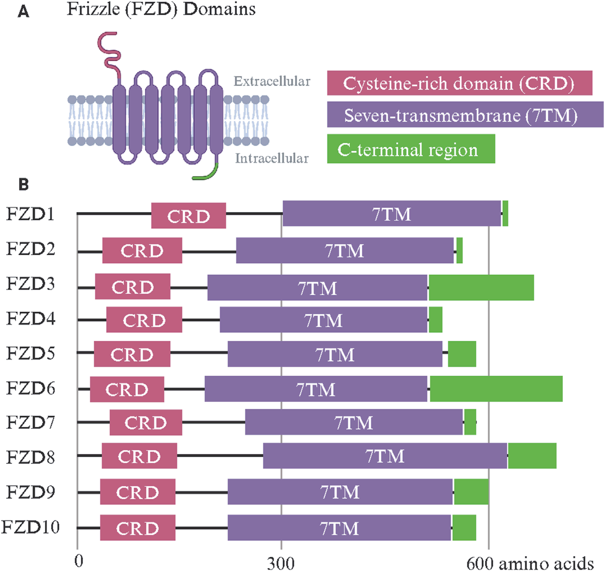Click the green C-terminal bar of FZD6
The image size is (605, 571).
(x=496, y=389)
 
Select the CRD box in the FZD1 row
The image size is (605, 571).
(x=189, y=216)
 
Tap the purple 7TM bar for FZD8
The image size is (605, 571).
(x=385, y=456)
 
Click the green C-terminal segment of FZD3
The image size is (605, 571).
(x=481, y=287)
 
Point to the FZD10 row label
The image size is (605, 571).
(x=31, y=527)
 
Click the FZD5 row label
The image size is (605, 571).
(x=31, y=354)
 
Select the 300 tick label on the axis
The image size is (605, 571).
(x=281, y=563)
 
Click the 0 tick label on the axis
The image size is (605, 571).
(x=79, y=561)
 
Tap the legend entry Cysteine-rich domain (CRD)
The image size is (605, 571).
(x=459, y=83)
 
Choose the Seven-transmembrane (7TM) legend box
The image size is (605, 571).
(x=465, y=115)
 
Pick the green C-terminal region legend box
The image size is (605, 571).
(x=410, y=149)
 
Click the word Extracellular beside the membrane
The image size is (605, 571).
(x=272, y=82)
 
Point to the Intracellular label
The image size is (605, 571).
(x=271, y=159)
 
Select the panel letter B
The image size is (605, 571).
(x=23, y=184)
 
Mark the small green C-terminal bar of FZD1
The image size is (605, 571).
(x=505, y=214)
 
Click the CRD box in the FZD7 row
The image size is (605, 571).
(x=145, y=423)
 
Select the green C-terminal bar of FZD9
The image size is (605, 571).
(x=471, y=492)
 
